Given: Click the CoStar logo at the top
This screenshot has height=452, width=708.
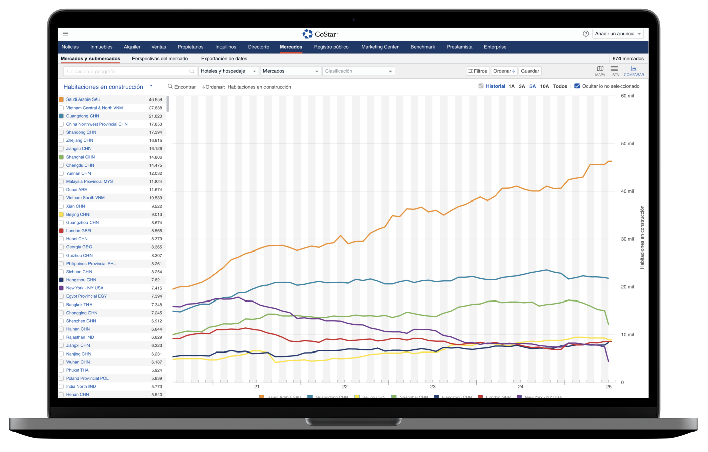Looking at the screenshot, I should pos(320,34).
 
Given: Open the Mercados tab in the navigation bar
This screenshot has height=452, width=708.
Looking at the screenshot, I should pos(291,47).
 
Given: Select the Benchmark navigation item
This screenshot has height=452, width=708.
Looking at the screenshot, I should pos(423,47).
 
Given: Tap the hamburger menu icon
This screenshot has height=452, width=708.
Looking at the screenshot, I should pos(66,34).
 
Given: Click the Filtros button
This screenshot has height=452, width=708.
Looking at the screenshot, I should pos(478,71).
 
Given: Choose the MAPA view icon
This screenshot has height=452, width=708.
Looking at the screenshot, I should pos(600,71).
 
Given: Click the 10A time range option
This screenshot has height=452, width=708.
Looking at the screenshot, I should pos(544,86).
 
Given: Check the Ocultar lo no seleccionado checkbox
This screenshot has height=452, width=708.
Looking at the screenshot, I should pos(578,86).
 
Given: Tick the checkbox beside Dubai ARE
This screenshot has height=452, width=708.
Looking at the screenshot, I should pos(61,190).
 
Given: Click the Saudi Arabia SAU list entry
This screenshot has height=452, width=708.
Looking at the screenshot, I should pos(83,99).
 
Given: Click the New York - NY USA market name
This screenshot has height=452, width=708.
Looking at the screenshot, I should pos(84,288).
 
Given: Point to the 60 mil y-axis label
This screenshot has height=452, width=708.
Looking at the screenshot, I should pos(627,96).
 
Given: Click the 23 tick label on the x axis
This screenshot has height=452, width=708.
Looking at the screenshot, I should pos(433,387).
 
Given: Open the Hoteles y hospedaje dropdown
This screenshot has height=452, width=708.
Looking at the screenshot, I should pos(229,71).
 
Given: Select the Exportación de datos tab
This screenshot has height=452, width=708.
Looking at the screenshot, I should pos(224,59).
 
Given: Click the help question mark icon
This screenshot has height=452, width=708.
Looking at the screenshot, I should pos(586,34).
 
